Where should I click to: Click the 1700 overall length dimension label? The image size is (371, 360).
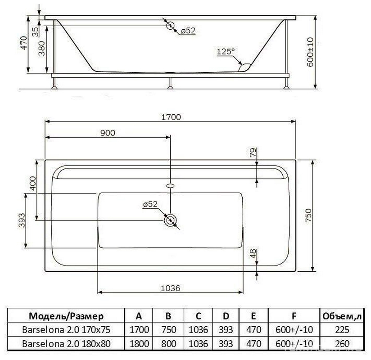coord(171,117)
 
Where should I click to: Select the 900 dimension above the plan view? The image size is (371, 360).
coord(108,133)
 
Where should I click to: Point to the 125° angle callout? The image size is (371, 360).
coord(226,51)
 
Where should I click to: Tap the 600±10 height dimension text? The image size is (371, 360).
coord(310,52)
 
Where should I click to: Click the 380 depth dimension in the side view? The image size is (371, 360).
coord(41,49)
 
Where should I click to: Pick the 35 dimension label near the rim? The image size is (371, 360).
coord(35,32)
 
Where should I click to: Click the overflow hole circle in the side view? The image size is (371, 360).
coord(170,25)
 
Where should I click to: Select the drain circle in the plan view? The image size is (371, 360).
coord(170,220)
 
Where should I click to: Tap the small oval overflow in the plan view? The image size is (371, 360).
coord(170,186)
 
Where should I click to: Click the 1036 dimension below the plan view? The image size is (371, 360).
coord(170,288)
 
